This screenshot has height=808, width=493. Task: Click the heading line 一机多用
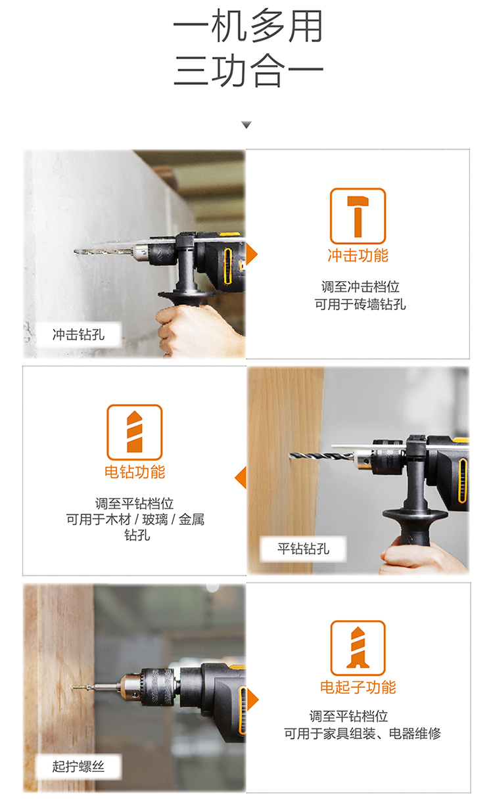click(x=248, y=26)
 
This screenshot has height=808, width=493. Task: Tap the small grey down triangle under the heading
click(x=246, y=125)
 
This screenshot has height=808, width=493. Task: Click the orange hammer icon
click(x=358, y=216)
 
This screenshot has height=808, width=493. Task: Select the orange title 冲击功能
click(x=358, y=256)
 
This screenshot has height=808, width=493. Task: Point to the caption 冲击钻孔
click(x=78, y=334)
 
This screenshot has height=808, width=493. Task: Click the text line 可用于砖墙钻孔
click(x=360, y=304)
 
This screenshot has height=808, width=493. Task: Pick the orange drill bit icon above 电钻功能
click(x=134, y=432)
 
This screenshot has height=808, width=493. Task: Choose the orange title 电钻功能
click(x=135, y=472)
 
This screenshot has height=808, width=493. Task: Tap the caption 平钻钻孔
click(x=303, y=549)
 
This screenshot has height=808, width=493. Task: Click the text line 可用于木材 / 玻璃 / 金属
click(x=135, y=520)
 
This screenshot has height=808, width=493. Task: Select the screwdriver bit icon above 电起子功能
click(x=358, y=648)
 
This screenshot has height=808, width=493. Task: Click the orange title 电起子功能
click(x=358, y=687)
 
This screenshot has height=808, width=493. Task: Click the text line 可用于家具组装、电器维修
click(x=362, y=733)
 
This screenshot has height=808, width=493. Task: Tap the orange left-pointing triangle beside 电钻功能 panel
click(x=241, y=478)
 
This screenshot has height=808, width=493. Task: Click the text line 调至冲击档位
click(x=360, y=287)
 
